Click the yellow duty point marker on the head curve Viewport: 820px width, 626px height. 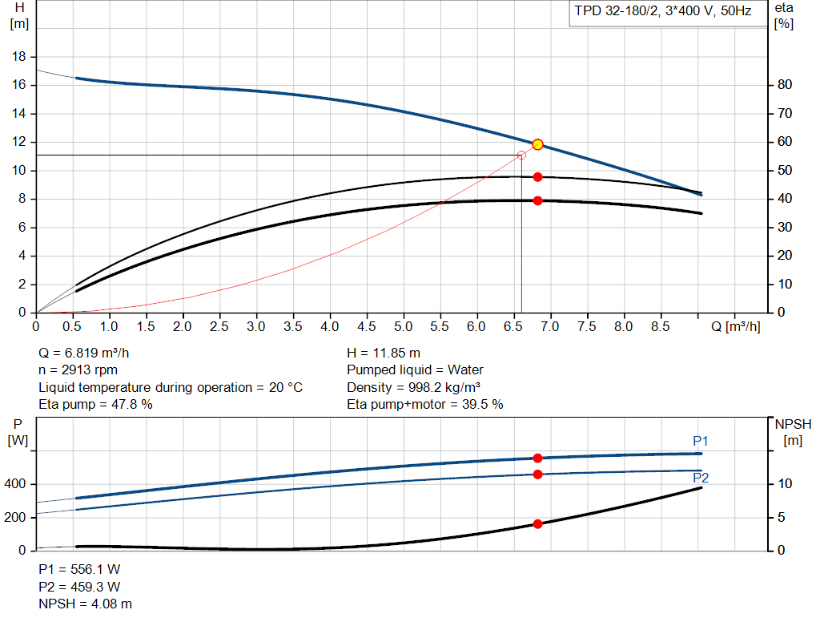538,144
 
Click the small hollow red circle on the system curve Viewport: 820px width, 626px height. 521,155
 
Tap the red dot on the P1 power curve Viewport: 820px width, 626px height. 538,458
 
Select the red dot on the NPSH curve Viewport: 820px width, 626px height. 538,524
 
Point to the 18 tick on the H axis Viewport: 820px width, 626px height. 21,57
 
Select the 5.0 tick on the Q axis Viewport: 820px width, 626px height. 403,327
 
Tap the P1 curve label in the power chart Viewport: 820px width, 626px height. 701,442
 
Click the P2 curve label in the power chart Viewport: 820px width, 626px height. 701,478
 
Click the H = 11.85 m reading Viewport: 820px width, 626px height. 384,353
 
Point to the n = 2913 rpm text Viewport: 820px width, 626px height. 78,370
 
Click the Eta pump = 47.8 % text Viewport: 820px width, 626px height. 96,405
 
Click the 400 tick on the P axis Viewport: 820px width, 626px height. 17,485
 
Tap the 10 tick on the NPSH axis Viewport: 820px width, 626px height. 784,484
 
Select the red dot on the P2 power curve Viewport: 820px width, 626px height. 538,475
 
